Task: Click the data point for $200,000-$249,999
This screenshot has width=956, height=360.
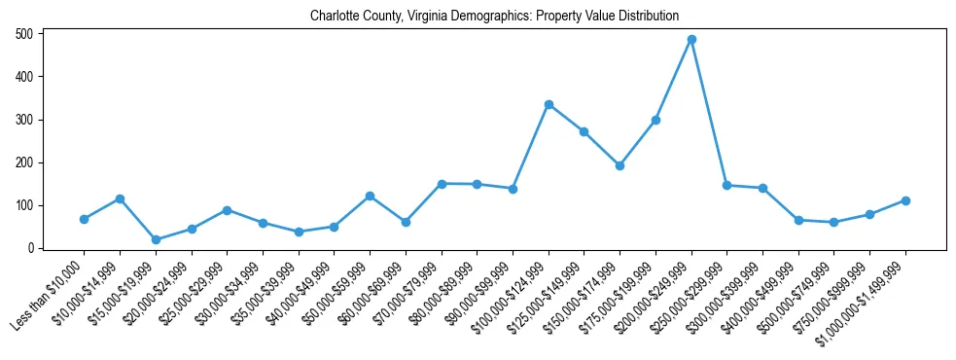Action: (x=691, y=40)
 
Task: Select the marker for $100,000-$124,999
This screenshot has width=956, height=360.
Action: (x=549, y=104)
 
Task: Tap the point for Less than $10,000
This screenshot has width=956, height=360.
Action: (x=84, y=219)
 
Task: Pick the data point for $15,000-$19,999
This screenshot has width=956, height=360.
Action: (x=156, y=239)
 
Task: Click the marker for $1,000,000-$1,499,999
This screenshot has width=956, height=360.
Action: (x=905, y=200)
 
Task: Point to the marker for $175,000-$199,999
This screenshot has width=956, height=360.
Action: (x=655, y=120)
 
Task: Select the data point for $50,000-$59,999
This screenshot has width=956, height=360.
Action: (x=370, y=196)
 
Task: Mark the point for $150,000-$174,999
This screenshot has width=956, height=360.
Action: (x=620, y=165)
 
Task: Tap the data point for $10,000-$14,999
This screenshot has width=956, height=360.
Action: (x=120, y=198)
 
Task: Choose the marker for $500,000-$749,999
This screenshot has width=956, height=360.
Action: (x=834, y=223)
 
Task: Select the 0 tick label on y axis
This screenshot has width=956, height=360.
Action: (x=31, y=248)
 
